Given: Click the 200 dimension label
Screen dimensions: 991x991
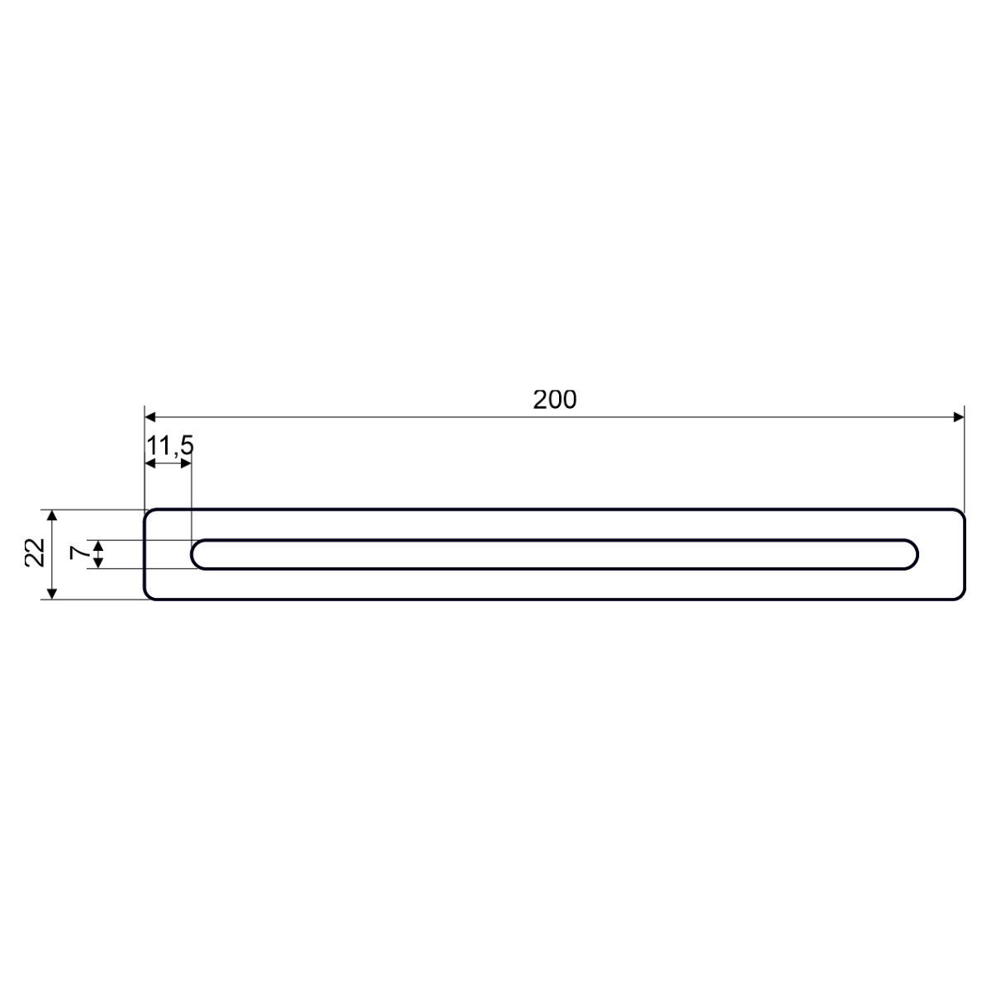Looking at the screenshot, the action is point(554,400).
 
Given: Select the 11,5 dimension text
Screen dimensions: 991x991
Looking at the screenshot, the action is point(170,446).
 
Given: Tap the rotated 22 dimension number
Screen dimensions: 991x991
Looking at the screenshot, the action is point(35,552).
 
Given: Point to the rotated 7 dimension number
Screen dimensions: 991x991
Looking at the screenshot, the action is point(79,552).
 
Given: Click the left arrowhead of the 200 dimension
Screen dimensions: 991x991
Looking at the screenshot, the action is point(150,417).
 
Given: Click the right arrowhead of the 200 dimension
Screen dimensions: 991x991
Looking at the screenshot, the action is point(959,417).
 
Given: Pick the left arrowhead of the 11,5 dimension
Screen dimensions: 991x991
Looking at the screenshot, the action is point(150,464).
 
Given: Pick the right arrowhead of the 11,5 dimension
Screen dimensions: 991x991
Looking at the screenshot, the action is point(186,464).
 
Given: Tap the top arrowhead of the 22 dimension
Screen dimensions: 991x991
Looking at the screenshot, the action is point(52,515).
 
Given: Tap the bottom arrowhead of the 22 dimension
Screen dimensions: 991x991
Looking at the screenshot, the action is point(52,594).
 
